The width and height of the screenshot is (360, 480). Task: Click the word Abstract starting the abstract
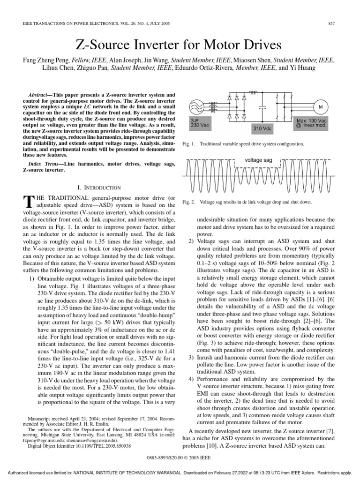[39, 94]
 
